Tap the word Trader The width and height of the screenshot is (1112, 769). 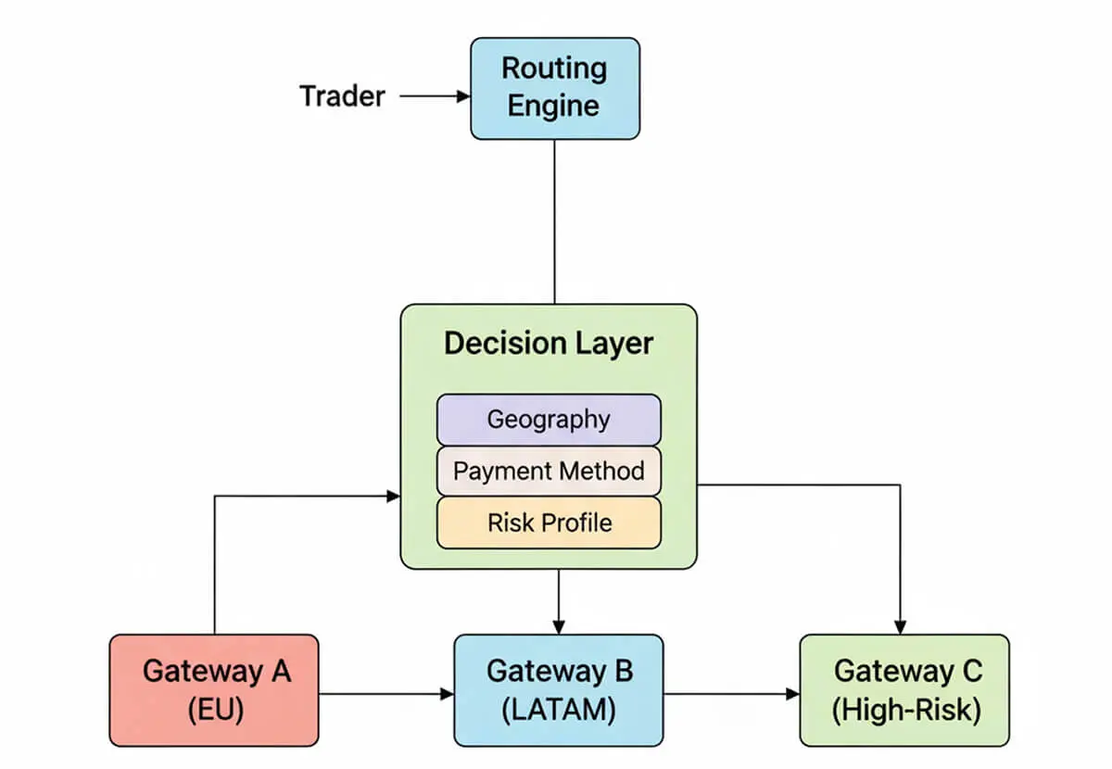[x=342, y=95]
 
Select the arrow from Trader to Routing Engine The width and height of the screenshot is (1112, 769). [x=436, y=95]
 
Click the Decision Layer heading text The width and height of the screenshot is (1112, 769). [x=548, y=343]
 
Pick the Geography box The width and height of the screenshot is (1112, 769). [x=549, y=420]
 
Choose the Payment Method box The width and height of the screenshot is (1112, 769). [x=549, y=471]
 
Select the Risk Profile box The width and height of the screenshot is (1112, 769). [x=549, y=523]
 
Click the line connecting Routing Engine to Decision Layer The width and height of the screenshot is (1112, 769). [x=554, y=222]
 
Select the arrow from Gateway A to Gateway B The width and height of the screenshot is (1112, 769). [x=385, y=693]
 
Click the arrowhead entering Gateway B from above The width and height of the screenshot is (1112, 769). [x=559, y=626]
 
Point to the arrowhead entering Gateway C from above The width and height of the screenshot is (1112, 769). [x=900, y=626]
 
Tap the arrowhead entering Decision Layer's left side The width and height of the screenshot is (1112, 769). [x=392, y=497]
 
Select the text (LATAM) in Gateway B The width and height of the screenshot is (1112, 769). [x=559, y=711]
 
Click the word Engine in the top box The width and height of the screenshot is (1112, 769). [x=554, y=106]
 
